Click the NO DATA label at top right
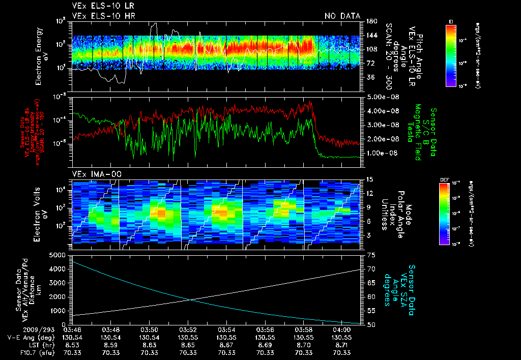click(x=342, y=16)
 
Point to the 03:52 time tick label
click(x=188, y=329)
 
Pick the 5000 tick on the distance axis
click(x=59, y=255)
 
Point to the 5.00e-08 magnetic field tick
click(x=381, y=97)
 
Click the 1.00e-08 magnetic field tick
click(x=381, y=153)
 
